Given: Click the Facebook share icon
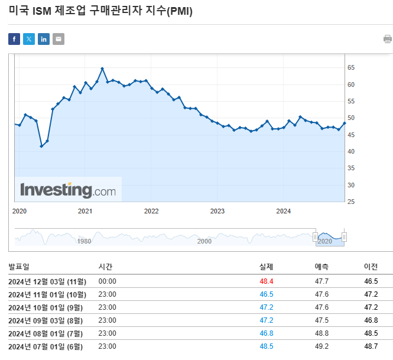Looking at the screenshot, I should (x=14, y=39).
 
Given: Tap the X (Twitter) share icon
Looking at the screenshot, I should (x=29, y=39).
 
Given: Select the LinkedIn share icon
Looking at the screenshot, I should (x=44, y=39).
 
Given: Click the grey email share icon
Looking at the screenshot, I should (x=58, y=39).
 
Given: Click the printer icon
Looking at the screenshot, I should (x=388, y=39).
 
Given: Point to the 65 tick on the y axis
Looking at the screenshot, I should (x=351, y=68).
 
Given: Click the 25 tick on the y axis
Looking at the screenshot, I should (x=351, y=202).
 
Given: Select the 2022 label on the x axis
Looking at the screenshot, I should (x=151, y=211).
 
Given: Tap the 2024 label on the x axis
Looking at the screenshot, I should (x=284, y=211).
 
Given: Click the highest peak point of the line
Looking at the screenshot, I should (x=102, y=69).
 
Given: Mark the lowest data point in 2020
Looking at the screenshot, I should (x=41, y=146).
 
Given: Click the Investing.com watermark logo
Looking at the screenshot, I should (x=68, y=190).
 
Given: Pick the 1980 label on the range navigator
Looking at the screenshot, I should (x=85, y=241).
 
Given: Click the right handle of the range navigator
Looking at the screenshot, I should (x=344, y=237).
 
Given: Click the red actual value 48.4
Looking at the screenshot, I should (x=266, y=281).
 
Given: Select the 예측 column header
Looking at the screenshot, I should (x=321, y=267).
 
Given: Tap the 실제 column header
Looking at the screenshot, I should (x=266, y=267).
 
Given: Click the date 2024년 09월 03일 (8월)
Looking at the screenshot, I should (x=46, y=320).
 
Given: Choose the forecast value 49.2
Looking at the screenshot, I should (x=322, y=346).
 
